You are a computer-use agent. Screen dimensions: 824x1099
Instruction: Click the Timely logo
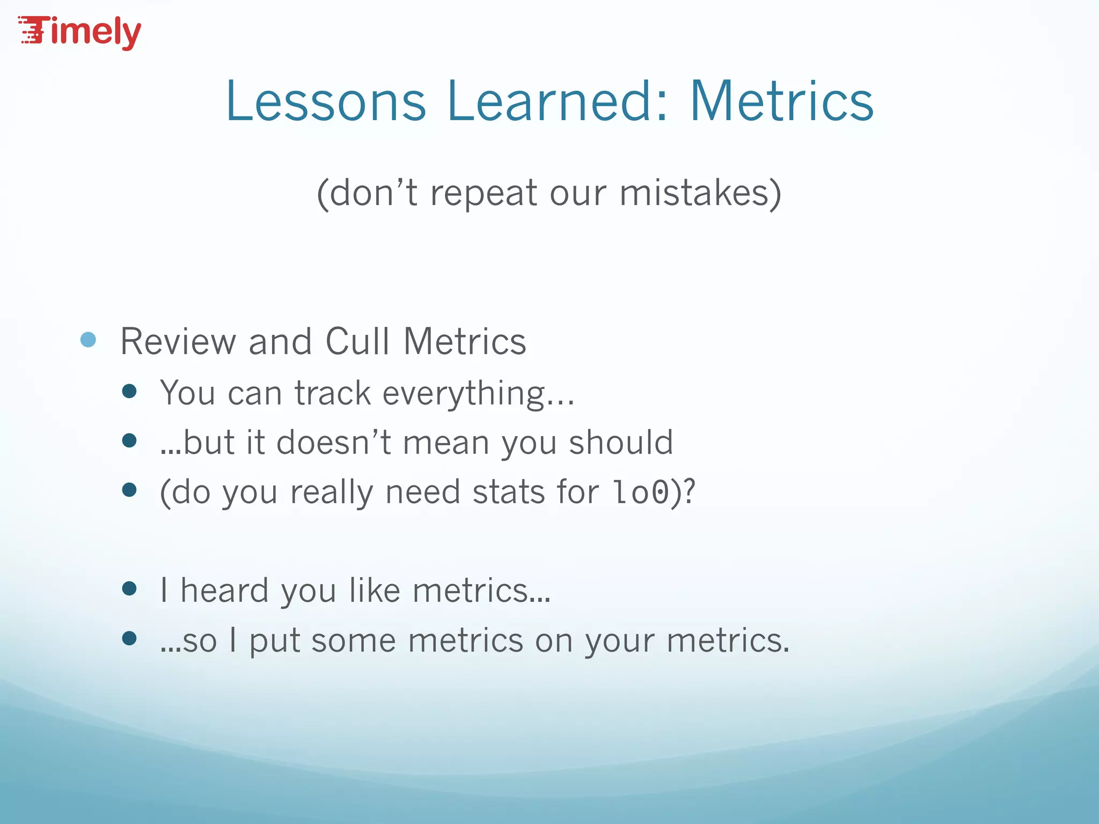point(80,32)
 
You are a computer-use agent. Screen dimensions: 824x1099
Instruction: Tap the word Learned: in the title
point(558,101)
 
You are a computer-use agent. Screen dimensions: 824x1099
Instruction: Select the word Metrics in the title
point(781,101)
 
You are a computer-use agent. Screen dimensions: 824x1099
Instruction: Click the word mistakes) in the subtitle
point(700,193)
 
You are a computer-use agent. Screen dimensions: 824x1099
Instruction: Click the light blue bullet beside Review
point(88,340)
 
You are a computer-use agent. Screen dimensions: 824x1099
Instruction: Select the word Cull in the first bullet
point(357,341)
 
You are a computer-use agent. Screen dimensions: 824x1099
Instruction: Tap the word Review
point(178,341)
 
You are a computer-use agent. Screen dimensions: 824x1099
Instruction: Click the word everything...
point(478,394)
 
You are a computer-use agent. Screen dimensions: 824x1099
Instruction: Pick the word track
point(333,393)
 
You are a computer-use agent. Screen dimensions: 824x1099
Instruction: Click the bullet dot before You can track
point(129,391)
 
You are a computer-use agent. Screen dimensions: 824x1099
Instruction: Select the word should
point(621,443)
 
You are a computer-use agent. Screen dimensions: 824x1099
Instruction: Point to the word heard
point(224,591)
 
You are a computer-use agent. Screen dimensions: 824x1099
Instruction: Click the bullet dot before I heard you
point(129,589)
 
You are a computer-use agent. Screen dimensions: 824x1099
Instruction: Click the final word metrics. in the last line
point(728,641)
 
